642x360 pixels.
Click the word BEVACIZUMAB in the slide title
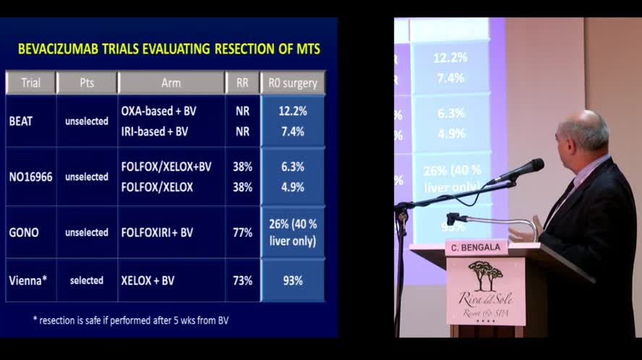point(62,49)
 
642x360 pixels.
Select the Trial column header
point(30,82)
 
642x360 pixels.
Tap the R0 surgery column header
point(292,82)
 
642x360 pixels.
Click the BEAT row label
point(20,121)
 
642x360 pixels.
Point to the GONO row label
point(24,233)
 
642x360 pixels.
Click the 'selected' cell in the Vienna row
point(87,280)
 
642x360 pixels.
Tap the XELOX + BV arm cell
point(147,280)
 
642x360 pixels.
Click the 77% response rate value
point(242,233)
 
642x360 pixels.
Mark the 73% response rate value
point(242,280)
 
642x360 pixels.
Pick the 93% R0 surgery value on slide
point(292,280)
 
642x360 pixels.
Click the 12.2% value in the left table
point(292,111)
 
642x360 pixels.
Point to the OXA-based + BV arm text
point(158,111)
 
